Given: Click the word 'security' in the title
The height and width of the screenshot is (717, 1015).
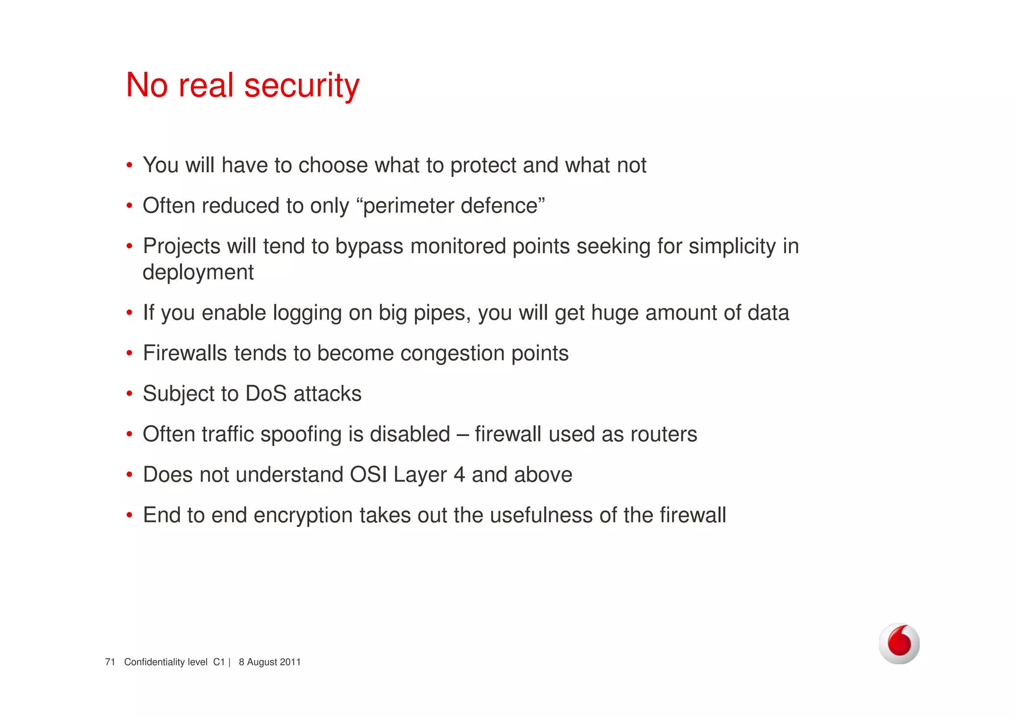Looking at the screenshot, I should (302, 85).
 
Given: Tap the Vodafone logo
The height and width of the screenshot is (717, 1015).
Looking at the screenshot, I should (899, 643).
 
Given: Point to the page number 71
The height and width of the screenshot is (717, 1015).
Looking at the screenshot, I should (110, 662).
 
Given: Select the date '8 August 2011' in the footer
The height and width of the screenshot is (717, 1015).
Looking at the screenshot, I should (270, 662).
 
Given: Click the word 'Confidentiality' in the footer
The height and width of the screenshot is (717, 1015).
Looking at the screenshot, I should (166, 662).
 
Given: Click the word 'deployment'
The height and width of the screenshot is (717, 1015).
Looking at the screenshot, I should (198, 273).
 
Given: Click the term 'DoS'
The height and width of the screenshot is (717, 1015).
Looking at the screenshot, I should (266, 394).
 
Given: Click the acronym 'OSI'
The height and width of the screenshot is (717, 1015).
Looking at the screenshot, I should (368, 475).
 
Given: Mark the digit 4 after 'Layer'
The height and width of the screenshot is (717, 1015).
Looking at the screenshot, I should (459, 475).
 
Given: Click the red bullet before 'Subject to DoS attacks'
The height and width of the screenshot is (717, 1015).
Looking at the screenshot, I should (129, 394).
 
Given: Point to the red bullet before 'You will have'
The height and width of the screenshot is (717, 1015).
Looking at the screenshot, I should (129, 165).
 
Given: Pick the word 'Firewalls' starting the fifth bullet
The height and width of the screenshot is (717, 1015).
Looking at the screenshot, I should (185, 353).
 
